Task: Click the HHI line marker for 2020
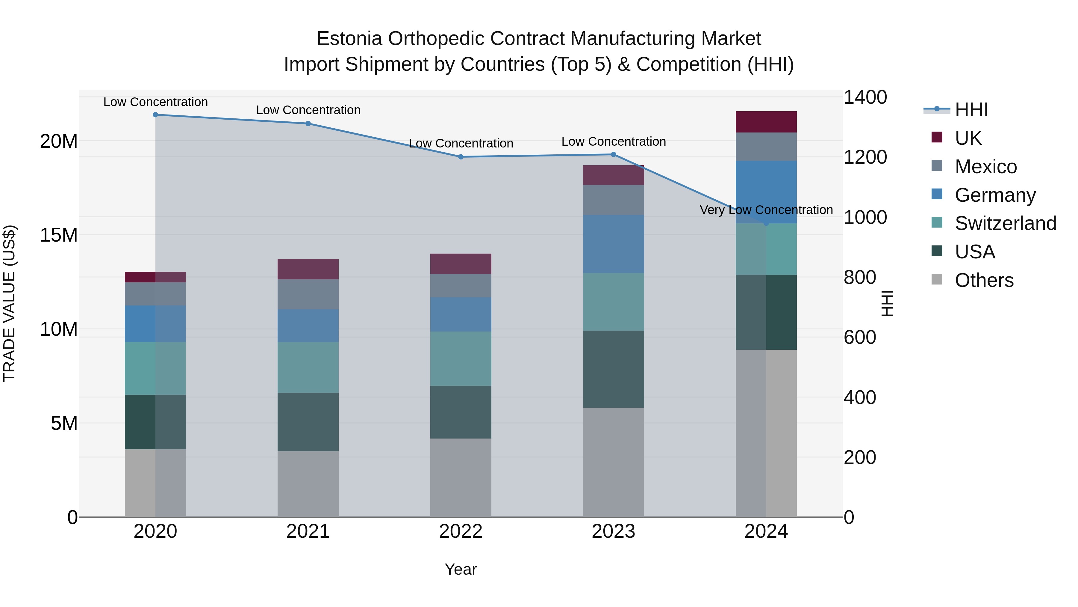pyautogui.click(x=155, y=115)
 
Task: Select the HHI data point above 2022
pyautogui.click(x=461, y=157)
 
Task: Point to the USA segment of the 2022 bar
pyautogui.click(x=461, y=412)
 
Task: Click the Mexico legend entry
pyautogui.click(x=985, y=167)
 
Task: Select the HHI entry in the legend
pyautogui.click(x=971, y=110)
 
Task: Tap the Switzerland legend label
pyautogui.click(x=1005, y=223)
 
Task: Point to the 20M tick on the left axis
pyautogui.click(x=59, y=141)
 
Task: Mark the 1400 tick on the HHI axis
pyautogui.click(x=864, y=97)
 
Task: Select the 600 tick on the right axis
pyautogui.click(x=859, y=337)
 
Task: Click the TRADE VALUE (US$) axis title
pyautogui.click(x=9, y=303)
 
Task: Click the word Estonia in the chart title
pyautogui.click(x=349, y=39)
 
